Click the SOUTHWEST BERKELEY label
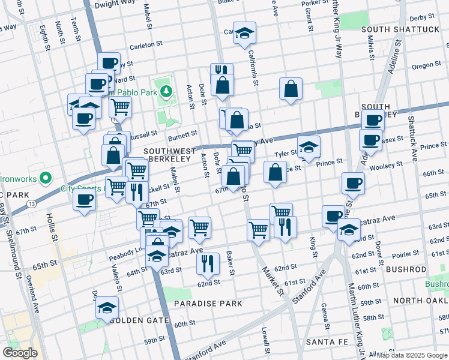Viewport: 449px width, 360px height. [x=169, y=155]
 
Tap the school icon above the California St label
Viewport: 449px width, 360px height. [x=244, y=34]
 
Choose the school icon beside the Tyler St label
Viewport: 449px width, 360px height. [x=309, y=148]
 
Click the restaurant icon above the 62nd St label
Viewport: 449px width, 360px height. [x=208, y=262]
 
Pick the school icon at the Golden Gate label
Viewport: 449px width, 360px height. [x=107, y=308]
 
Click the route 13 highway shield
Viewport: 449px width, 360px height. [x=31, y=204]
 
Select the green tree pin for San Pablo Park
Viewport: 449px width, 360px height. [x=170, y=92]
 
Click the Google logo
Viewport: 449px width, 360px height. [x=20, y=352]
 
